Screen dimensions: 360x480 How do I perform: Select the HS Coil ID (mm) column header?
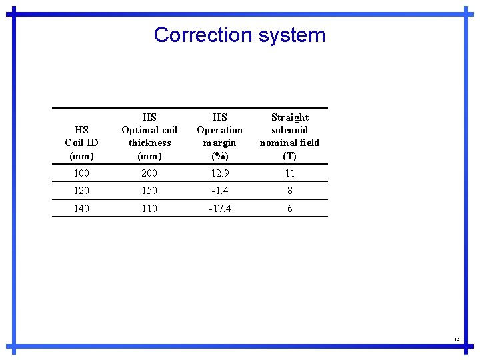pyautogui.click(x=81, y=143)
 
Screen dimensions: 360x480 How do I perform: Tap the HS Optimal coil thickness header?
pyautogui.click(x=149, y=136)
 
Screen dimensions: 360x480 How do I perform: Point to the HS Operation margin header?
pyautogui.click(x=219, y=136)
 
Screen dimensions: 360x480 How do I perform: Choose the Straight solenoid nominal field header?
pyautogui.click(x=289, y=136)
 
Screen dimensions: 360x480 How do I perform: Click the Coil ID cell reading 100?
pyautogui.click(x=81, y=173)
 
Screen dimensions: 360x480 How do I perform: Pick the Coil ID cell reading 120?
pyautogui.click(x=81, y=191)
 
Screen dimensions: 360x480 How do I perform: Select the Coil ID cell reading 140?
pyautogui.click(x=81, y=209)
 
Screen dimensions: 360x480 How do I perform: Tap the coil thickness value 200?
pyautogui.click(x=149, y=173)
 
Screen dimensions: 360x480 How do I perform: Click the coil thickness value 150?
pyautogui.click(x=149, y=191)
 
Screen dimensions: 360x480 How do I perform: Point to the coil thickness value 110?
pyautogui.click(x=149, y=209)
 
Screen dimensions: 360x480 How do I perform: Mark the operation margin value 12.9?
pyautogui.click(x=219, y=173)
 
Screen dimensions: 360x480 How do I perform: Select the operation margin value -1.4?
pyautogui.click(x=219, y=191)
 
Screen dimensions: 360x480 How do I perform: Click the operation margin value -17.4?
pyautogui.click(x=219, y=209)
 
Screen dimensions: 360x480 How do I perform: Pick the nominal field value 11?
pyautogui.click(x=289, y=173)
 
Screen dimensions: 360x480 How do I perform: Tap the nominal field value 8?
pyautogui.click(x=289, y=191)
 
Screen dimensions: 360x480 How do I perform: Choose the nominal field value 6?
pyautogui.click(x=289, y=209)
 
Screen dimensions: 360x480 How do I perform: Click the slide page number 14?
pyautogui.click(x=457, y=340)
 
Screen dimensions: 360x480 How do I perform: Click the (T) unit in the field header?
pyautogui.click(x=289, y=156)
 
